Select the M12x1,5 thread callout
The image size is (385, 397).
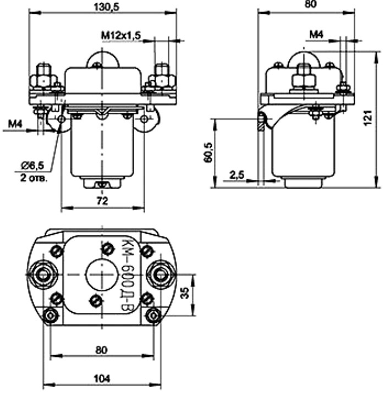(x=121, y=35)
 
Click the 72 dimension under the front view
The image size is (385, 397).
(x=102, y=201)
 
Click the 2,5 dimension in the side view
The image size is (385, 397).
(x=237, y=175)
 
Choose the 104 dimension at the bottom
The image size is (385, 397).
(x=102, y=378)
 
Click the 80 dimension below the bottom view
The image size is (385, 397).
(x=102, y=348)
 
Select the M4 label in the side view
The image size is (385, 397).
(x=316, y=35)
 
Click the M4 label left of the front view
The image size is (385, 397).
(x=15, y=126)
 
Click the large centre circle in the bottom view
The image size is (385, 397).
(x=102, y=273)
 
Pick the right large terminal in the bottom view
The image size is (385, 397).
(x=160, y=273)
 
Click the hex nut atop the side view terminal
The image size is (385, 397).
(x=303, y=80)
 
